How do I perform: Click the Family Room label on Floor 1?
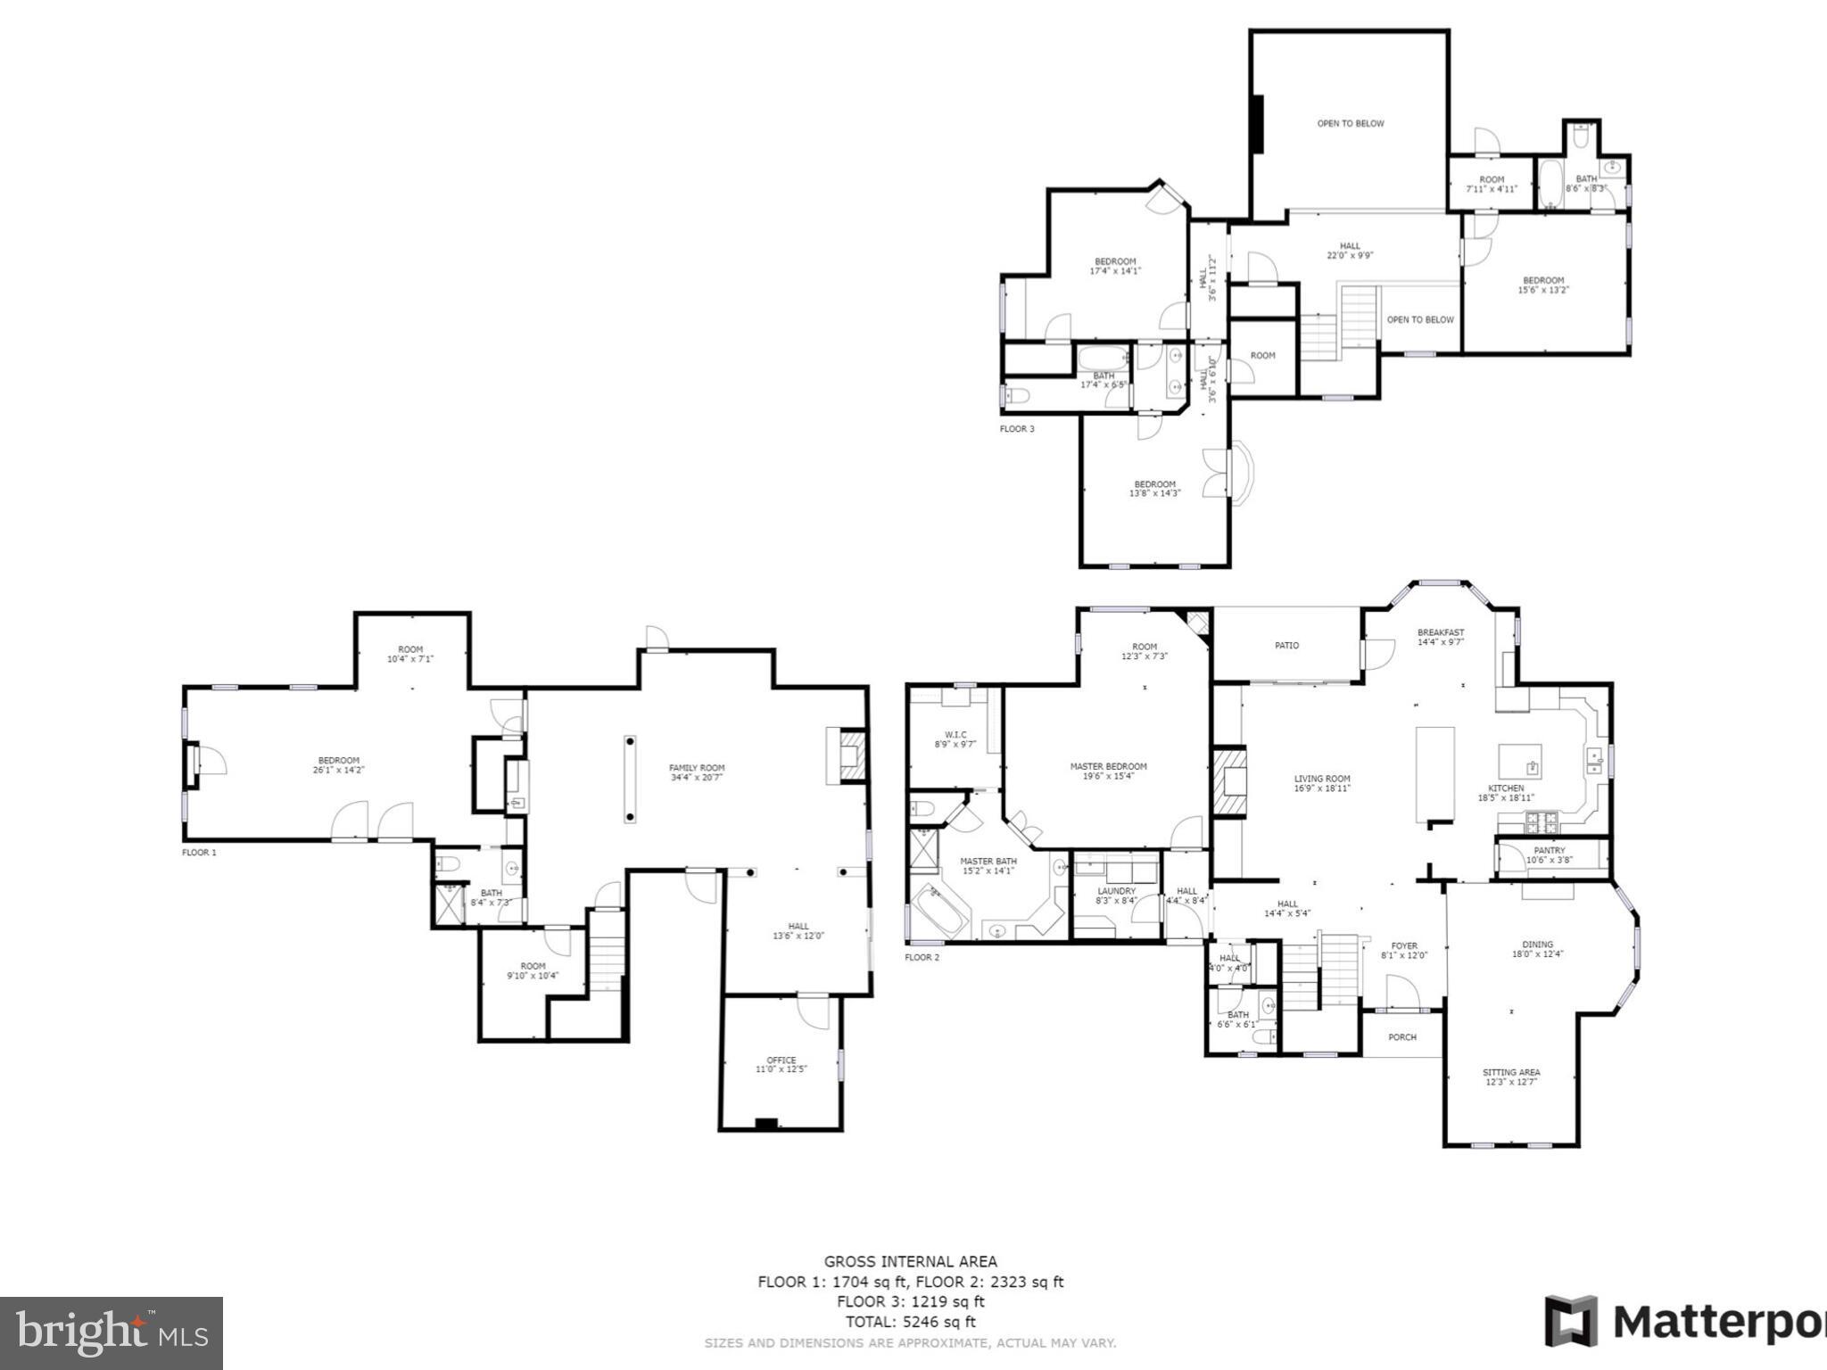click(x=697, y=772)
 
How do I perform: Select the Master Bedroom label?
click(x=1108, y=771)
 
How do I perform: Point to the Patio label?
click(x=1286, y=645)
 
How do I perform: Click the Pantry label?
click(x=1550, y=854)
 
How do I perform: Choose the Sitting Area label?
click(x=1511, y=1077)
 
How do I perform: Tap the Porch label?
click(x=1402, y=1037)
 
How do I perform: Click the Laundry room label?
click(x=1116, y=895)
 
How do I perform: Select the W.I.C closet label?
click(x=955, y=739)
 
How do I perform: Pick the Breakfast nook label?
click(x=1441, y=637)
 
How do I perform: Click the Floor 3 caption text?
click(x=1017, y=429)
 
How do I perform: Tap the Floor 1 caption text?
click(x=199, y=853)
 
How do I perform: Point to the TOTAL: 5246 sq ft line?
click(x=910, y=1322)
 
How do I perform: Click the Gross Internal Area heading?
click(x=910, y=1261)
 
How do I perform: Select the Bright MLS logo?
click(x=112, y=1333)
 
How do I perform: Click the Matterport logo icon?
click(x=1572, y=1321)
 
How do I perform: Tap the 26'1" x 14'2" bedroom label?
click(x=339, y=765)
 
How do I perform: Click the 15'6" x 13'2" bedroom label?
click(x=1543, y=285)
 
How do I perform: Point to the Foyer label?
click(x=1404, y=950)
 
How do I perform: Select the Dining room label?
click(x=1537, y=948)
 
